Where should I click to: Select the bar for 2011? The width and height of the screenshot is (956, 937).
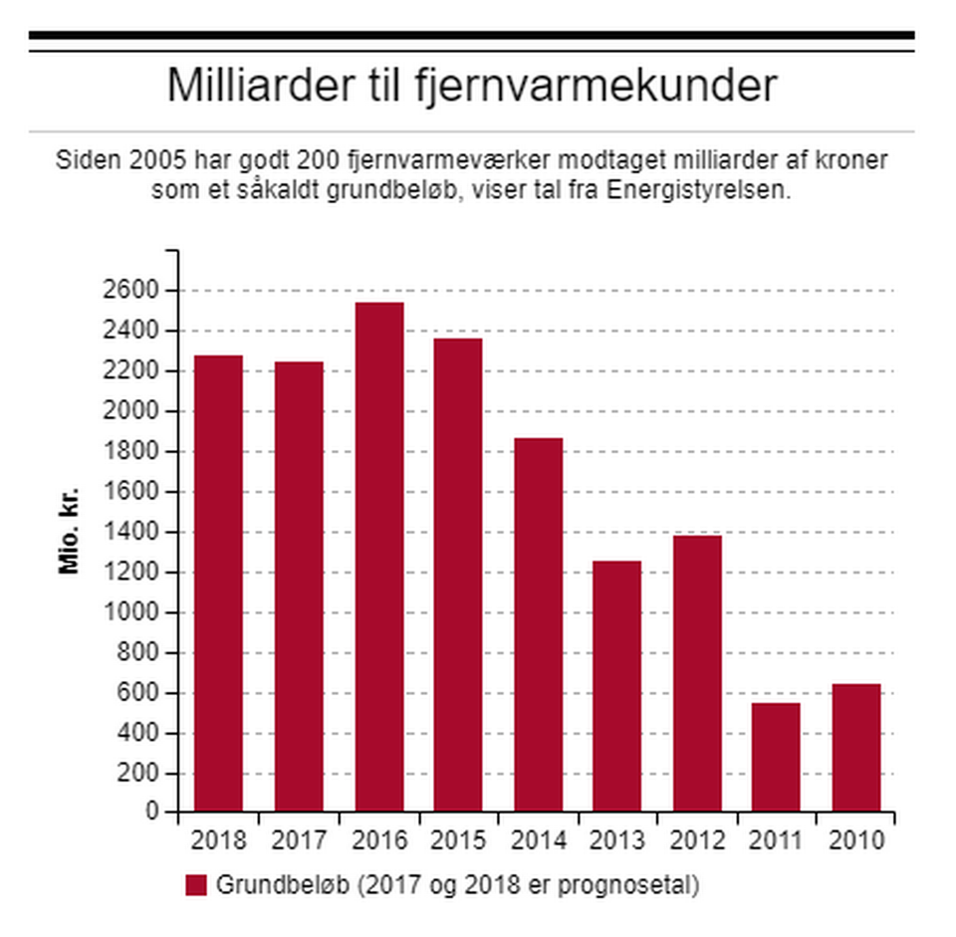(776, 757)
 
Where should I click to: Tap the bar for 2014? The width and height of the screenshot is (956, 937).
(538, 624)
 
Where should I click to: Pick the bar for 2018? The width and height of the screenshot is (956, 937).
(219, 583)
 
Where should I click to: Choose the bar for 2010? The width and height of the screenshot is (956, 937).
(855, 747)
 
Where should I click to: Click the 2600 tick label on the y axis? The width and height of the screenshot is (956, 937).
(136, 291)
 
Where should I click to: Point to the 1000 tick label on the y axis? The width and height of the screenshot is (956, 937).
(136, 613)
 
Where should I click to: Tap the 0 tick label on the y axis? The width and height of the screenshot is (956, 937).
(152, 813)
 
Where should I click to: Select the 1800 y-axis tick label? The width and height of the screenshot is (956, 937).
(136, 452)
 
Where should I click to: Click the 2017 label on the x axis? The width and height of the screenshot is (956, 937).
(299, 841)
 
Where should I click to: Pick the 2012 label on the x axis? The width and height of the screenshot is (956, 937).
(697, 841)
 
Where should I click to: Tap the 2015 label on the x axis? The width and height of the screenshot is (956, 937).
(458, 841)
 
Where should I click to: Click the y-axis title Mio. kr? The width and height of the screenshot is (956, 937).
(69, 532)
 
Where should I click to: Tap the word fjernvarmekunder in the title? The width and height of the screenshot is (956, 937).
(594, 86)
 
